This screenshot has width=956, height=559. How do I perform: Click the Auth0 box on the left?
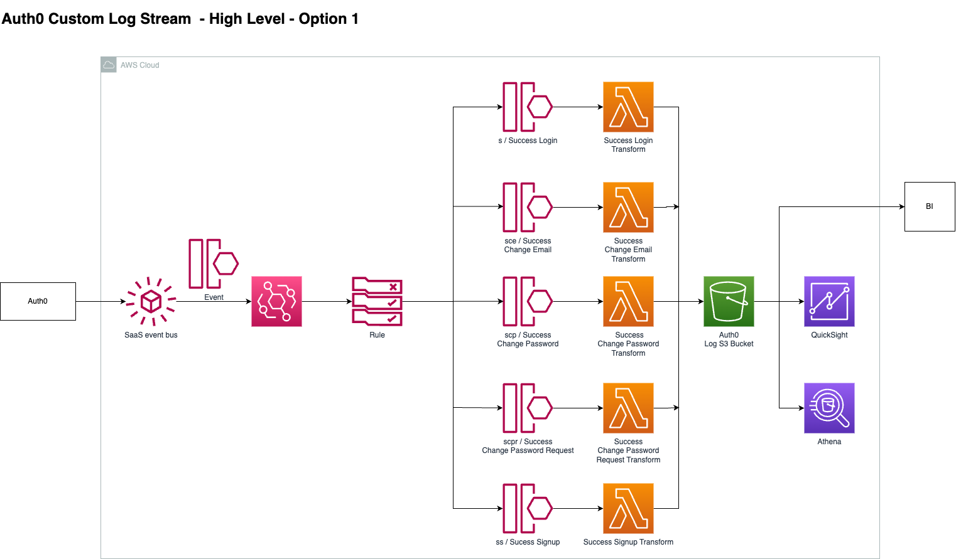pos(38,301)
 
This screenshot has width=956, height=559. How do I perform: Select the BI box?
pos(930,206)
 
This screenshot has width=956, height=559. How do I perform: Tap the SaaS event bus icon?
pos(151,301)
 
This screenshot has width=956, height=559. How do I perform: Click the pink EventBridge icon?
pos(276,301)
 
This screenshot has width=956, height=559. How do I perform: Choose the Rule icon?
pos(377,301)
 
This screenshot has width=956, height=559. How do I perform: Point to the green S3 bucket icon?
pos(729,301)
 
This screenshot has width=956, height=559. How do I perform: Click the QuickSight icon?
pos(829,301)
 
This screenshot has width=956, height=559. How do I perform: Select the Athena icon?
pos(829,408)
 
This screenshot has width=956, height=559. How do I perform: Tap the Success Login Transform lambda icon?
pos(628,107)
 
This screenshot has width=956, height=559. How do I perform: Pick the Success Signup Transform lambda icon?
pos(628,508)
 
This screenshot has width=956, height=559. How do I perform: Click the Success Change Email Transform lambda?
pos(628,207)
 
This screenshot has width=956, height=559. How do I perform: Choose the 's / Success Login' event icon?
pos(528,107)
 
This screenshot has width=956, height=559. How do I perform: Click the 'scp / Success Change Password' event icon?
pos(528,301)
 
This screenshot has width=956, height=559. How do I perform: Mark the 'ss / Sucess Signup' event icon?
pos(528,508)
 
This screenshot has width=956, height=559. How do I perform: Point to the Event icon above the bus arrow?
pos(214,264)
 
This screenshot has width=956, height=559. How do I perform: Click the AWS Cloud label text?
pos(139,65)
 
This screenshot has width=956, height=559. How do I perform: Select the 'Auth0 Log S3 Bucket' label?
pos(729,339)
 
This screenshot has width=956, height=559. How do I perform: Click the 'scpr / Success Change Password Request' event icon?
pos(528,408)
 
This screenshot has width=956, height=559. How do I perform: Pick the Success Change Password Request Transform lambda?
pos(628,408)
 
